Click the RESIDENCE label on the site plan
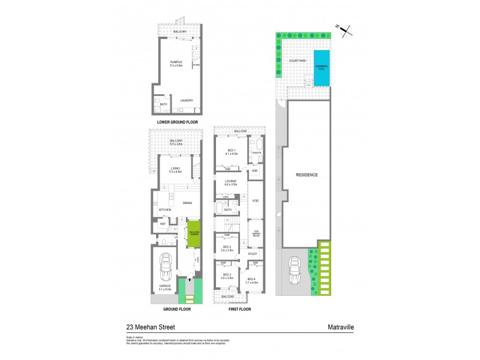[x=306, y=175]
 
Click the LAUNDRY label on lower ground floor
[x=187, y=100]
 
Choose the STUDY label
[x=252, y=254]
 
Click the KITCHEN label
[x=165, y=209]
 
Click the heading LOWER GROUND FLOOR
[x=178, y=122]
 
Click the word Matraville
[x=339, y=328]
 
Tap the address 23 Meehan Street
[x=149, y=328]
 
